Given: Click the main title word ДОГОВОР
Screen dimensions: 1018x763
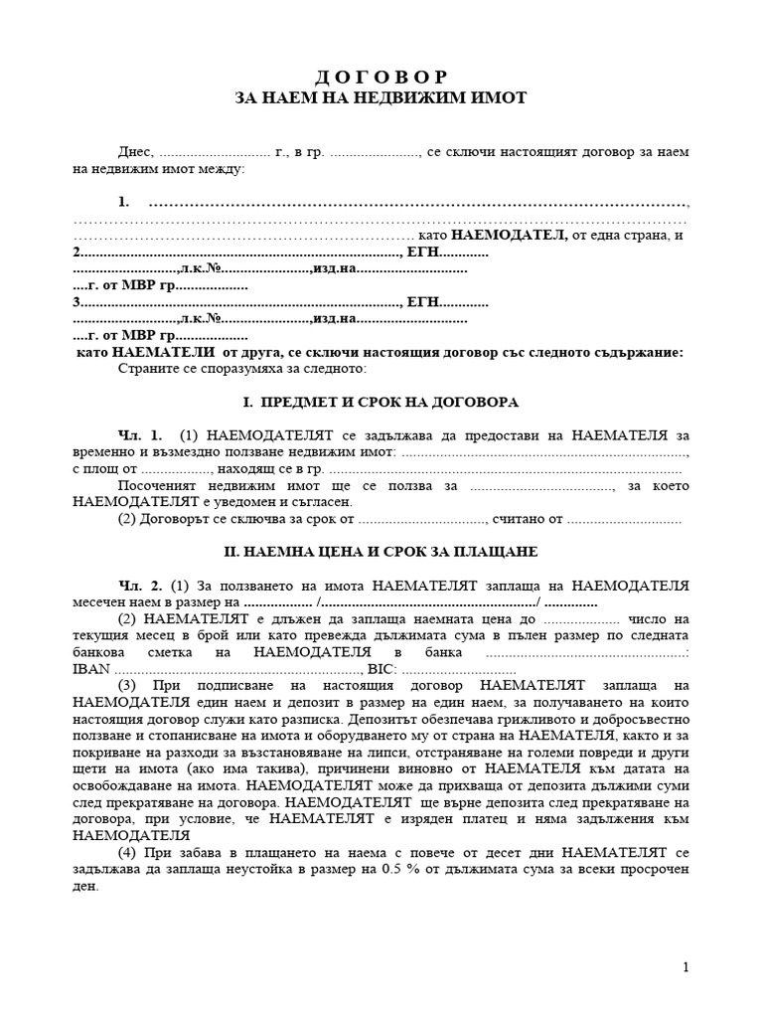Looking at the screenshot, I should coord(381,77).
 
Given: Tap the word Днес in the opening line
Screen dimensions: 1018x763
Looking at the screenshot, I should coord(135,152).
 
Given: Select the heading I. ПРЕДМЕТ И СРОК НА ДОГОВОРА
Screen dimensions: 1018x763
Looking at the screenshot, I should coord(381,403).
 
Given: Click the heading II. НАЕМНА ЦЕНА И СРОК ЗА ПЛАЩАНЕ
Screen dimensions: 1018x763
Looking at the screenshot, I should coord(381,551).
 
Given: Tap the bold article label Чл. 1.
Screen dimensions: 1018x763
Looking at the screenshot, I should coord(138,436).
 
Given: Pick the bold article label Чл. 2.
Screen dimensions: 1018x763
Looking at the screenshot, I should coord(138,586).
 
